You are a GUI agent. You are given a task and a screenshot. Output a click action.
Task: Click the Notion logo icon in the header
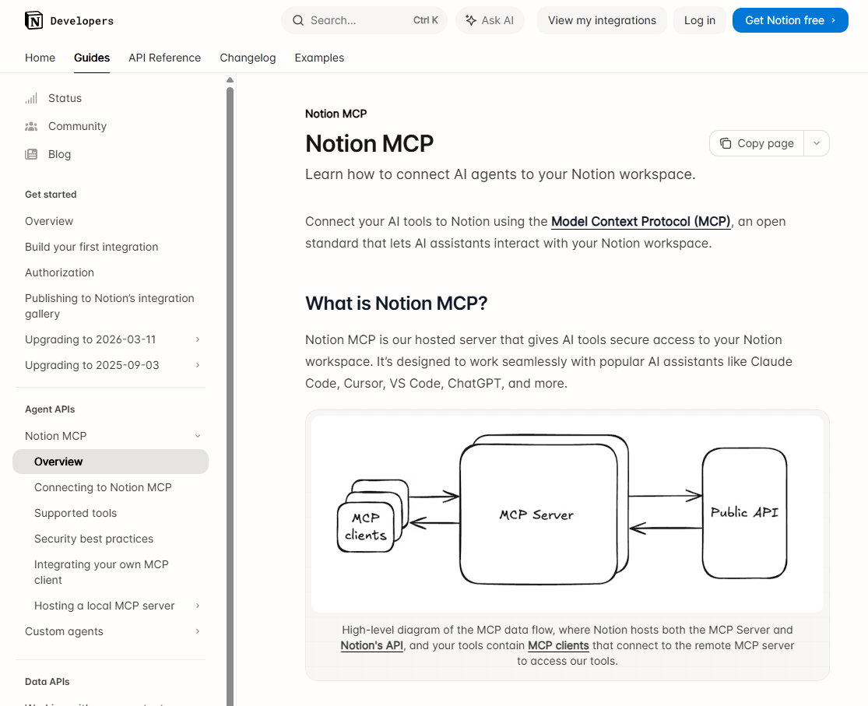[x=34, y=20]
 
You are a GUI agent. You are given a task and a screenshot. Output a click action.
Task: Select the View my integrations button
[x=602, y=20]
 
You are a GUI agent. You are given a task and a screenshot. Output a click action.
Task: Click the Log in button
[x=699, y=20]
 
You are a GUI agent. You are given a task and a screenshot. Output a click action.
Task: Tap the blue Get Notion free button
[x=789, y=20]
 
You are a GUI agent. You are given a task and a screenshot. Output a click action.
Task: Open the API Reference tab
[x=164, y=58]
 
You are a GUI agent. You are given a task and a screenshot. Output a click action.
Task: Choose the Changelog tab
[x=248, y=58]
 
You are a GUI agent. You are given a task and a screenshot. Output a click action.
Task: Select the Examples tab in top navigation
[x=319, y=58]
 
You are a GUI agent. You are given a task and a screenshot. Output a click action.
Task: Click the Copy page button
[x=757, y=143]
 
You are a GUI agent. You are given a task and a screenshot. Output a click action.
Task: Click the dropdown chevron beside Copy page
[x=816, y=143]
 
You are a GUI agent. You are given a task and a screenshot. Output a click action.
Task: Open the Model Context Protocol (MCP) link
[x=641, y=222]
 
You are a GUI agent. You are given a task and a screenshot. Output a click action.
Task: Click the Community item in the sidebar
[x=77, y=126]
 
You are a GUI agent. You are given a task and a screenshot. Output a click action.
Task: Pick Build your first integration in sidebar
[x=91, y=247]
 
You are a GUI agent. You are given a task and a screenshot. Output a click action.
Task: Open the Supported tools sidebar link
[x=76, y=513]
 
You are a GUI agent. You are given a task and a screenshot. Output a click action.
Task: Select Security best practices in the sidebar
[x=93, y=539]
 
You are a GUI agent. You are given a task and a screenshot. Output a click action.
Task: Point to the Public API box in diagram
[x=743, y=513]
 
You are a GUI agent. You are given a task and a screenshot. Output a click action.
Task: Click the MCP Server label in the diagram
[x=536, y=515]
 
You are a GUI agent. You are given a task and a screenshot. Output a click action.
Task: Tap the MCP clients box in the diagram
[x=365, y=527]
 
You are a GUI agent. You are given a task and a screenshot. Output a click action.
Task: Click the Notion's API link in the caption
[x=371, y=645]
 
